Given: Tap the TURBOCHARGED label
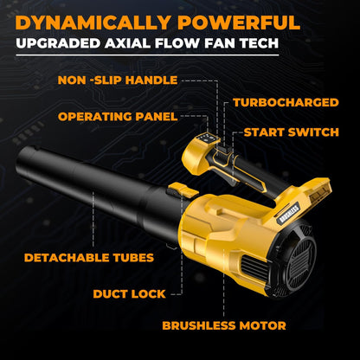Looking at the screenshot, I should (x=285, y=102).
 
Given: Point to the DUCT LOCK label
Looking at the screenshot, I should (x=129, y=293).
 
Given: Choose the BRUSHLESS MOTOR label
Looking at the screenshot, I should (x=225, y=326).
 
